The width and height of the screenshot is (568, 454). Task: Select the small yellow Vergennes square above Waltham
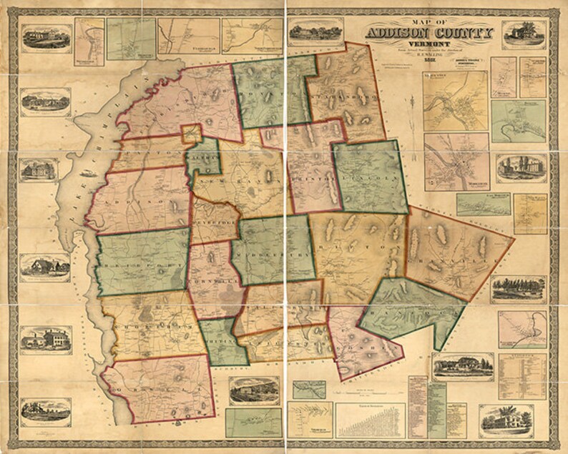click(x=191, y=134)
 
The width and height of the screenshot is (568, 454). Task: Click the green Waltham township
click(x=202, y=156)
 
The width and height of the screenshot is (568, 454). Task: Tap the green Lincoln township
click(x=371, y=175)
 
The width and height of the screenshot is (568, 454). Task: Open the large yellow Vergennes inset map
click(x=454, y=100)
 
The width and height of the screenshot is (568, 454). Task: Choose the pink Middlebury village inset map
click(x=456, y=162)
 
